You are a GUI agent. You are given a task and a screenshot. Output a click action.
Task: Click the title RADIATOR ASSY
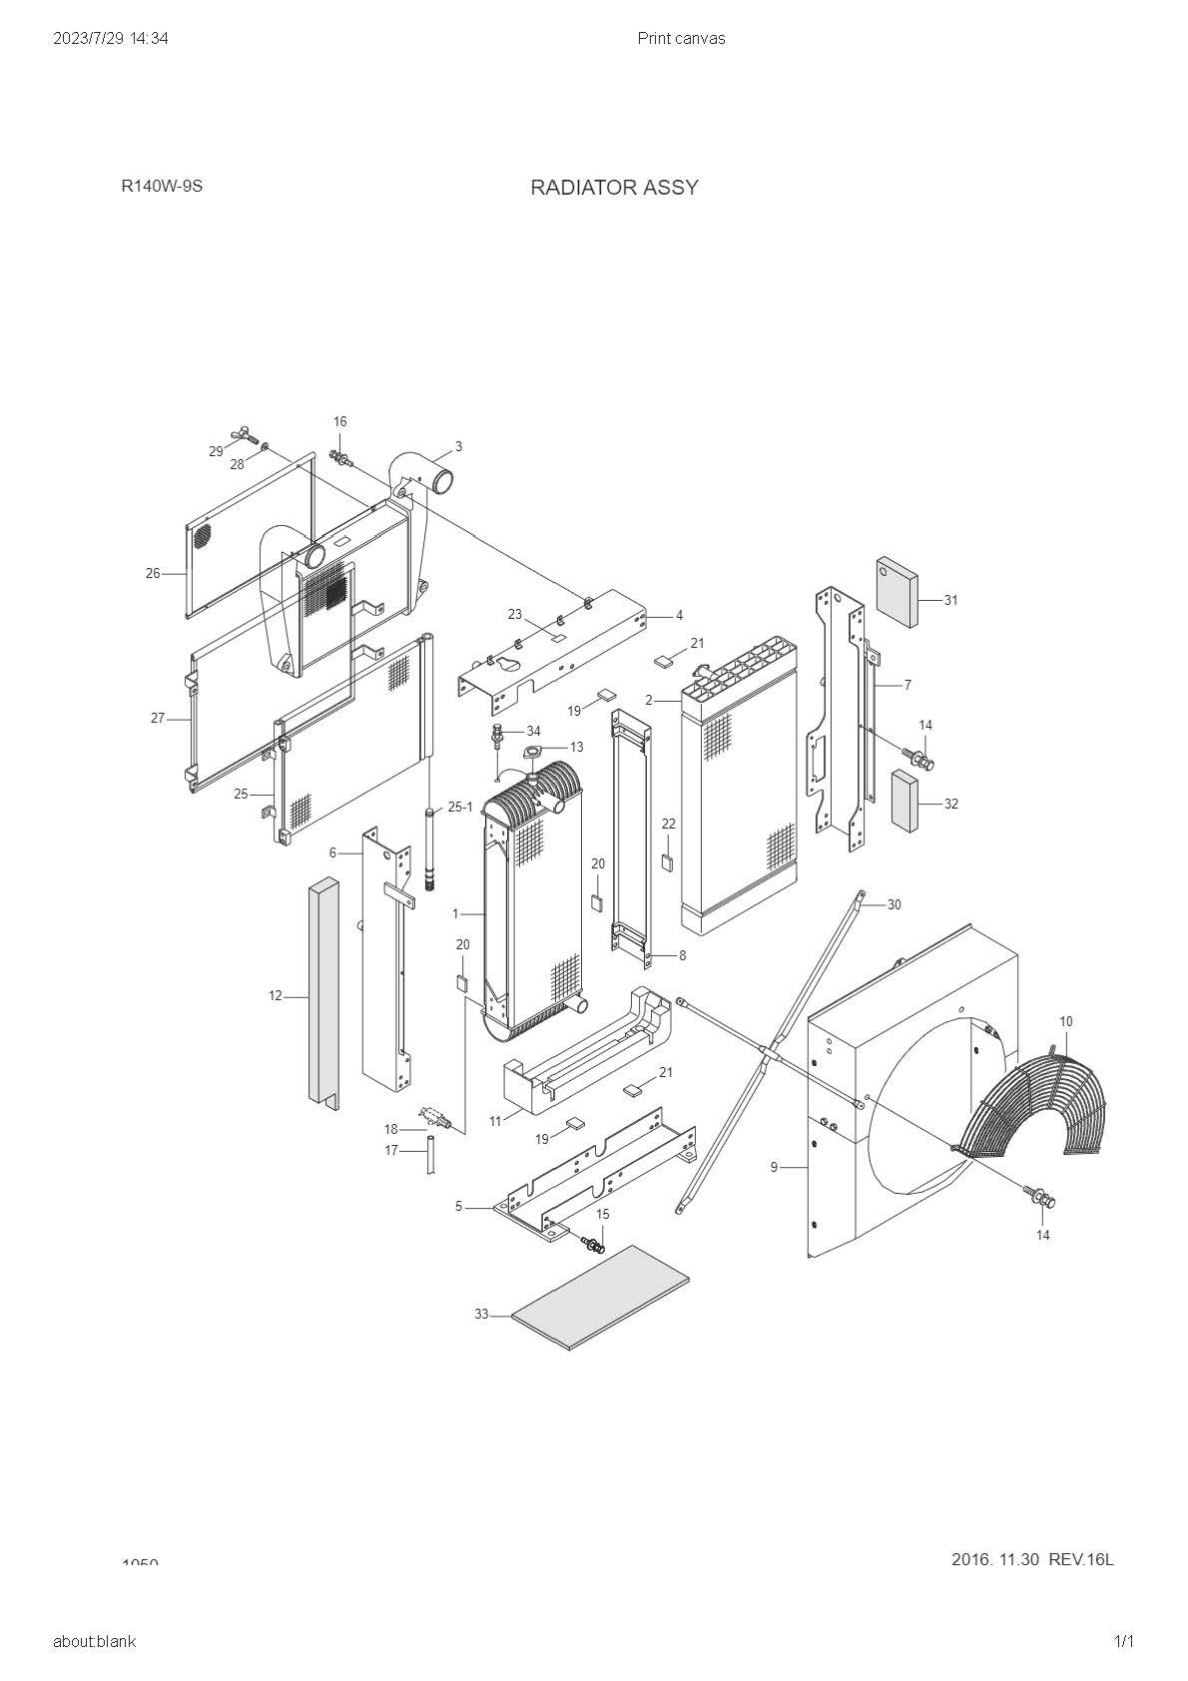(614, 188)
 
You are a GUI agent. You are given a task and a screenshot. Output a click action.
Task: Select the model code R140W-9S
(162, 186)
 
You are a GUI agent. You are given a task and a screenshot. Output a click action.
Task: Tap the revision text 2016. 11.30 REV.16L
(1032, 1559)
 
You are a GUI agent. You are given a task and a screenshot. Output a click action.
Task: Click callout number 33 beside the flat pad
(481, 1315)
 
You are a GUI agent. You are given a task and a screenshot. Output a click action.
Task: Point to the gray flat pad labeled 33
(601, 1297)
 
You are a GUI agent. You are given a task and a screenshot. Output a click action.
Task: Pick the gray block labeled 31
(896, 592)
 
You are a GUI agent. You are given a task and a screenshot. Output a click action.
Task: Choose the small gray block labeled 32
(904, 800)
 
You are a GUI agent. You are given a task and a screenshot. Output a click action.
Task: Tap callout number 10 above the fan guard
(1066, 1021)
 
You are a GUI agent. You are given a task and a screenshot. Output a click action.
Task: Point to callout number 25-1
(460, 807)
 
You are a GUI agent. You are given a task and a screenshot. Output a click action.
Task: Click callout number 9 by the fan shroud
(774, 1166)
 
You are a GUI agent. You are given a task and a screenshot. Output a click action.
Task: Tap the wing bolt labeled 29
(241, 435)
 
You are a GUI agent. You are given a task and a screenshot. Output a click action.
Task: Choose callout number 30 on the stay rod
(893, 904)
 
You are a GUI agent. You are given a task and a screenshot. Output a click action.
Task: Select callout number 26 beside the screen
(153, 573)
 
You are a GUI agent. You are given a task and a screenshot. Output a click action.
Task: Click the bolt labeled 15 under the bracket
(593, 1245)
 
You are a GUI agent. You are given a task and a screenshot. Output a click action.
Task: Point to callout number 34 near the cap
(533, 732)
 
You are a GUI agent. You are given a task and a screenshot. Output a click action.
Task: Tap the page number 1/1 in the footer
(1124, 1641)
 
